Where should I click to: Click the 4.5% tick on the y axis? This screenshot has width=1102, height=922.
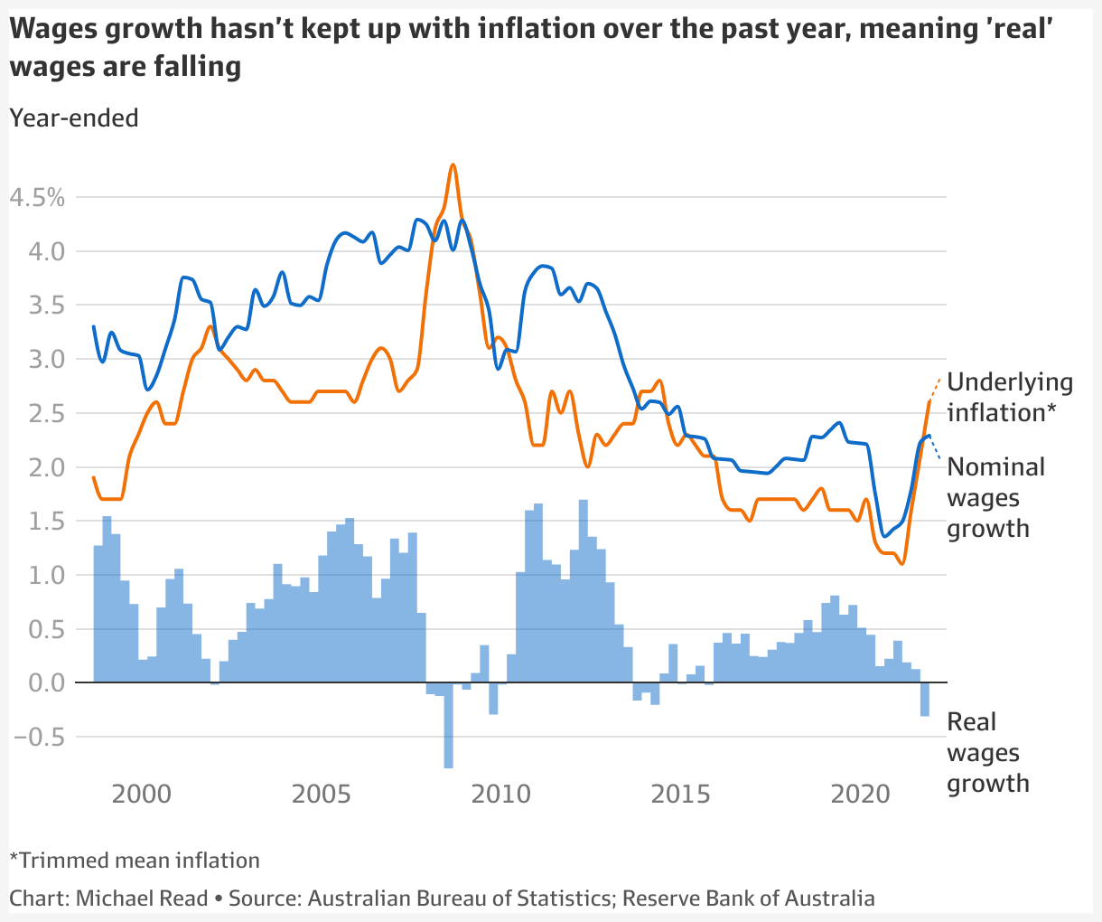click(x=37, y=197)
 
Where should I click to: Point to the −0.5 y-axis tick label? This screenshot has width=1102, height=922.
click(x=39, y=737)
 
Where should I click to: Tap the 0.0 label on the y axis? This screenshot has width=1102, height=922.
click(x=44, y=682)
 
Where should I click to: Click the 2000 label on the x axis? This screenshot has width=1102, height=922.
click(x=142, y=795)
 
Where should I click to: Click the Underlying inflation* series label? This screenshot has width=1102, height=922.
click(x=1009, y=398)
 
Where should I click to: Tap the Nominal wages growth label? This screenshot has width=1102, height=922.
click(x=995, y=497)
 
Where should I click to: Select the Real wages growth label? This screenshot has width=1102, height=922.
click(x=987, y=752)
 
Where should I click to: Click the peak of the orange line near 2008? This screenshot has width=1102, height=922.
click(x=453, y=165)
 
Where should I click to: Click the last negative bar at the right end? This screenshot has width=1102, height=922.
click(x=925, y=701)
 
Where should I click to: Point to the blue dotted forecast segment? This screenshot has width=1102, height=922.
click(x=936, y=447)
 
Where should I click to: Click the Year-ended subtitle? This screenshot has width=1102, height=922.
click(x=74, y=118)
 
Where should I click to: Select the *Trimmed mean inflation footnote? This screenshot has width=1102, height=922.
click(x=135, y=860)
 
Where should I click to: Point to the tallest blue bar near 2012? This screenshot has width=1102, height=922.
click(x=583, y=592)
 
